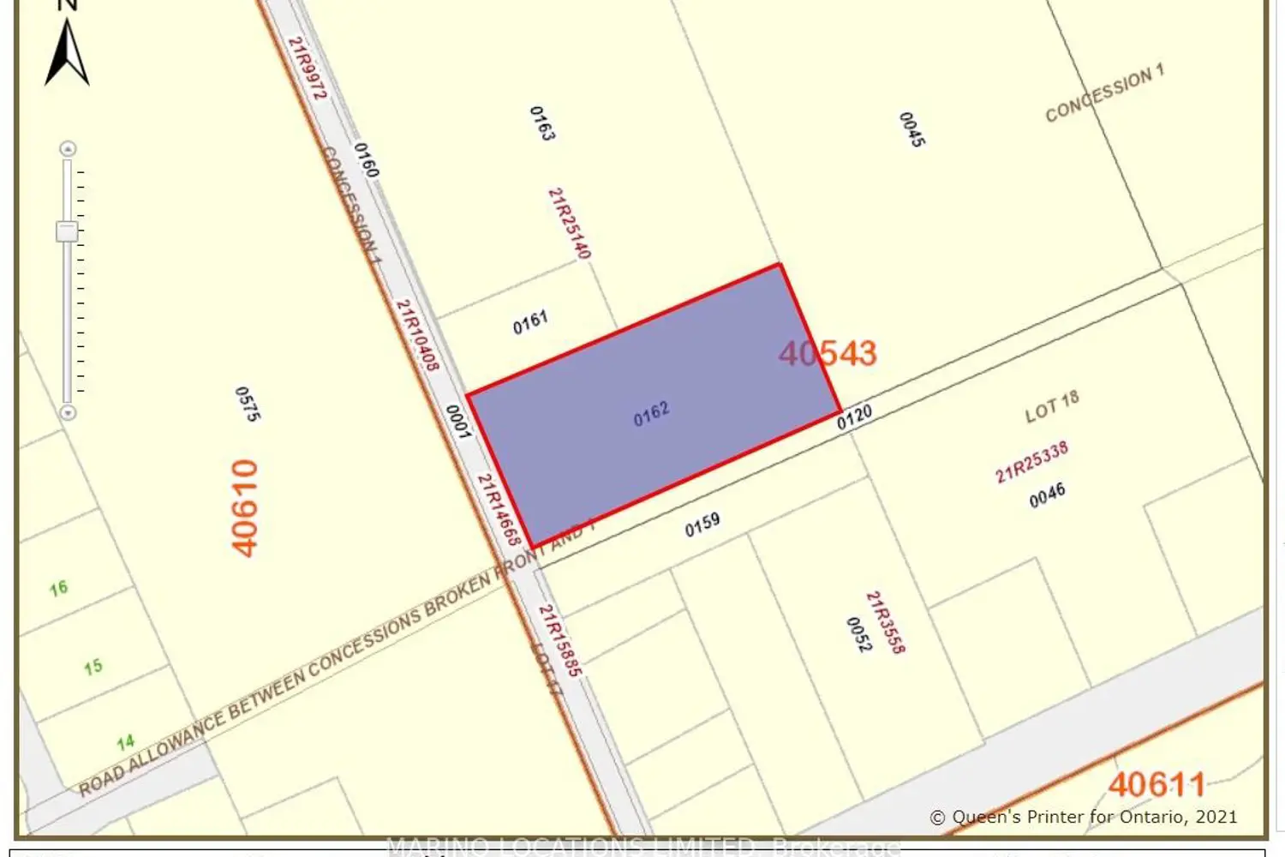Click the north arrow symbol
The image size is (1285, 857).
coord(67,53)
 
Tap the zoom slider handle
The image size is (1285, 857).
coord(67,231)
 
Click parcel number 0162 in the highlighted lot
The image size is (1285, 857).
coord(651,414)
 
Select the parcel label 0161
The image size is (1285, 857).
coord(530,322)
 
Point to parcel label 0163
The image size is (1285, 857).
coord(541,123)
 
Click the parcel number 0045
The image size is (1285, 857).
coord(911,129)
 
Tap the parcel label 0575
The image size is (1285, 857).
coord(247,404)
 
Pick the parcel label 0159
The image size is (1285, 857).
coord(702,524)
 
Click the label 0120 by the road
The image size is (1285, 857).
coord(854,417)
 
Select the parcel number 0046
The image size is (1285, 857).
coord(1047,494)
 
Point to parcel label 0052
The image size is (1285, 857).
coord(858,634)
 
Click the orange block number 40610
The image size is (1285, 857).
coord(245,508)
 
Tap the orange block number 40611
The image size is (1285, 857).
coord(1156,784)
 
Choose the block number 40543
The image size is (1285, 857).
coord(828,353)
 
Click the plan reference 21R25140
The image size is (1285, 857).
coord(570,223)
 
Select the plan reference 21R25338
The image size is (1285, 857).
coord(1031,462)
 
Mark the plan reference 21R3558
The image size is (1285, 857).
coord(885,622)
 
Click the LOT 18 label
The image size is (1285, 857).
coord(1052,406)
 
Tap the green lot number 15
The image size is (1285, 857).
coord(93,667)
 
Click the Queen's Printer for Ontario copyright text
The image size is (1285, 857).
coord(1084,818)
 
